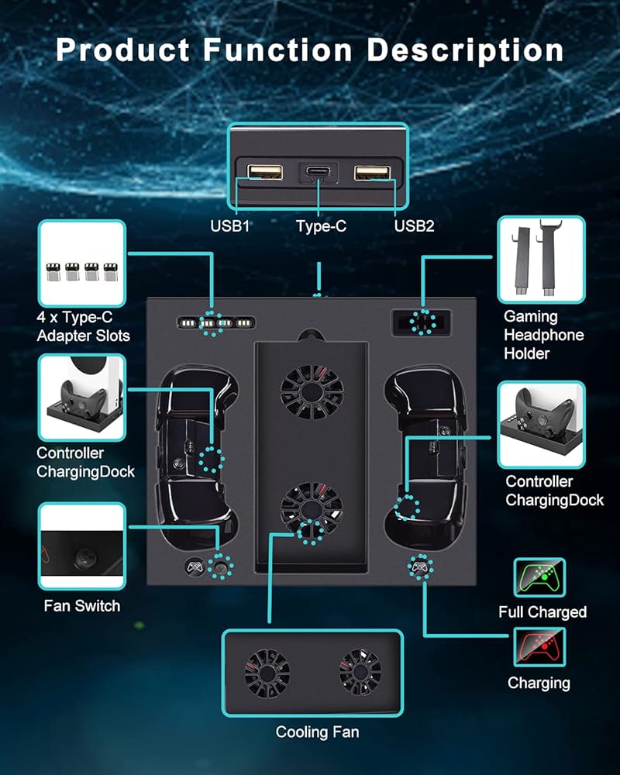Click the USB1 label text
tap(231, 226)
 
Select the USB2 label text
tap(414, 226)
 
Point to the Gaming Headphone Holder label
tap(543, 335)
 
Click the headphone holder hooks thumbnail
tap(540, 259)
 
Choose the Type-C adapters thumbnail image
tap(81, 263)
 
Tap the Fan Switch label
tap(82, 606)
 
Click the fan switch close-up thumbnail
tap(81, 547)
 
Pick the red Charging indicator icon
tap(539, 646)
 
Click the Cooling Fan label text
tap(317, 732)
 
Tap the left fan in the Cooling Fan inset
tap(267, 671)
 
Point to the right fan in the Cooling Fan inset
tap(360, 671)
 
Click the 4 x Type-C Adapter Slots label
tap(83, 326)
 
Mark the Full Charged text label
tap(542, 612)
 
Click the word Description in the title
tap(465, 50)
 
